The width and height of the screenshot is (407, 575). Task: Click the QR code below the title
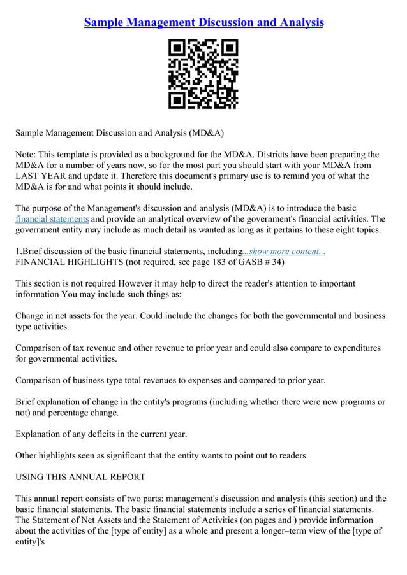pos(203,74)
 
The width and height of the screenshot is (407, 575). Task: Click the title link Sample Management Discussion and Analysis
pos(204,23)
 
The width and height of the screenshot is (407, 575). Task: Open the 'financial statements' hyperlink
pos(52,219)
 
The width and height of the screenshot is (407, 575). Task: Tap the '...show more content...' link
pos(284,251)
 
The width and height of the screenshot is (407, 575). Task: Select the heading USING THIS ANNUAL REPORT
pos(80,477)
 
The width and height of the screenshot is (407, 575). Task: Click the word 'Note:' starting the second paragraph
pos(26,154)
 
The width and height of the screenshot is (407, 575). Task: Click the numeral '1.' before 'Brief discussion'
pos(18,251)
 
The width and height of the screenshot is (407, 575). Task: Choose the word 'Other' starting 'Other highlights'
pos(28,455)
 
